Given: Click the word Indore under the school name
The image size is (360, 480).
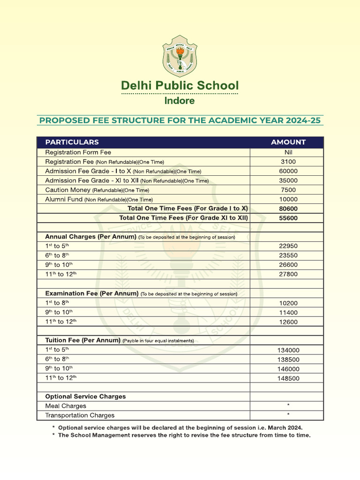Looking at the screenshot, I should [180, 100].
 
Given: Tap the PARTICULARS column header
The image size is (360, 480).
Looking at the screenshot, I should [72, 142].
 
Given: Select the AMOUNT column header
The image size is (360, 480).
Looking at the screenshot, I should [288, 142].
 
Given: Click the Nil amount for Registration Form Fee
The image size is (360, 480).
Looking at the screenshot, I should [288, 152].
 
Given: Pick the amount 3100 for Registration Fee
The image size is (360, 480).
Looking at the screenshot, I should [288, 162].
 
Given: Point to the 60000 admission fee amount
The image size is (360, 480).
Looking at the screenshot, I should [288, 171].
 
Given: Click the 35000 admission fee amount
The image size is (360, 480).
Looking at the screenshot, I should [288, 180].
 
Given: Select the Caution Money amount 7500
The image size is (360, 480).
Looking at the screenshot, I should [288, 190].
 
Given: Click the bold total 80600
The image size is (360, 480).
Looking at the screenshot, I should [288, 209].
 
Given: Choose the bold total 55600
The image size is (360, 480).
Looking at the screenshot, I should [288, 218].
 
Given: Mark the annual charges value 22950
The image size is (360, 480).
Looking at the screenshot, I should [288, 246].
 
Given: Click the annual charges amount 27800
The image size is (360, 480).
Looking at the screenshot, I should [288, 274].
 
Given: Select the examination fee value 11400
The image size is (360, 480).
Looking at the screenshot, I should [288, 313].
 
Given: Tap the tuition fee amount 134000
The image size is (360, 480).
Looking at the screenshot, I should [288, 350].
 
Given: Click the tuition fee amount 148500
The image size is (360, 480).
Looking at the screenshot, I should [288, 378].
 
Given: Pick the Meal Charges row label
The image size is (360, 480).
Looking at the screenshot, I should [66, 406].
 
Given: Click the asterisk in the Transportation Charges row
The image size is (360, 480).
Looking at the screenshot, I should [288, 414].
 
